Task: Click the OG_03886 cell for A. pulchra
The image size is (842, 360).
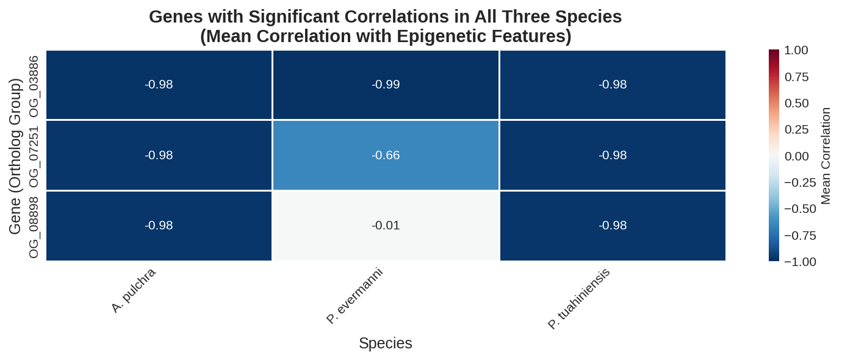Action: click(159, 85)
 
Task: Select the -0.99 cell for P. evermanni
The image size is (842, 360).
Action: click(386, 85)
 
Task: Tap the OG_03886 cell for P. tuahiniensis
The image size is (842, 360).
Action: click(613, 85)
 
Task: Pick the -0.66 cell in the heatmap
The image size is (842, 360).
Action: click(386, 155)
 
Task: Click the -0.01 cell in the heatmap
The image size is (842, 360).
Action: click(386, 226)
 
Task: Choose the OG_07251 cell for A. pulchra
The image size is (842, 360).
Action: click(159, 155)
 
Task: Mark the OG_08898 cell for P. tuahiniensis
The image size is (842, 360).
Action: click(613, 226)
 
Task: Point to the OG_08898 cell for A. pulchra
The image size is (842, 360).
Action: click(159, 226)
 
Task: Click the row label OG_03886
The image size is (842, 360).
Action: click(34, 86)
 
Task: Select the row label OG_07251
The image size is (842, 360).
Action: click(34, 156)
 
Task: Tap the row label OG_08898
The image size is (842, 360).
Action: click(34, 227)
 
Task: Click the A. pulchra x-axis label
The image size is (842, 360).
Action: click(134, 290)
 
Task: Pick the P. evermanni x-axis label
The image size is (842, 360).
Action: click(354, 295)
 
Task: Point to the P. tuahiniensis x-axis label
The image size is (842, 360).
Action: click(578, 298)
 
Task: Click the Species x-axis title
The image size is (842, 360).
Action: click(385, 344)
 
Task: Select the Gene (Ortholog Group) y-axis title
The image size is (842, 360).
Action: click(15, 156)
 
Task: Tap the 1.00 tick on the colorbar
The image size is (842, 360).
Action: click(796, 50)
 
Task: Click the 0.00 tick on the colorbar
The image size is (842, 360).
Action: click(796, 156)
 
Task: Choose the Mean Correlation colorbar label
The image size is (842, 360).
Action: click(826, 156)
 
